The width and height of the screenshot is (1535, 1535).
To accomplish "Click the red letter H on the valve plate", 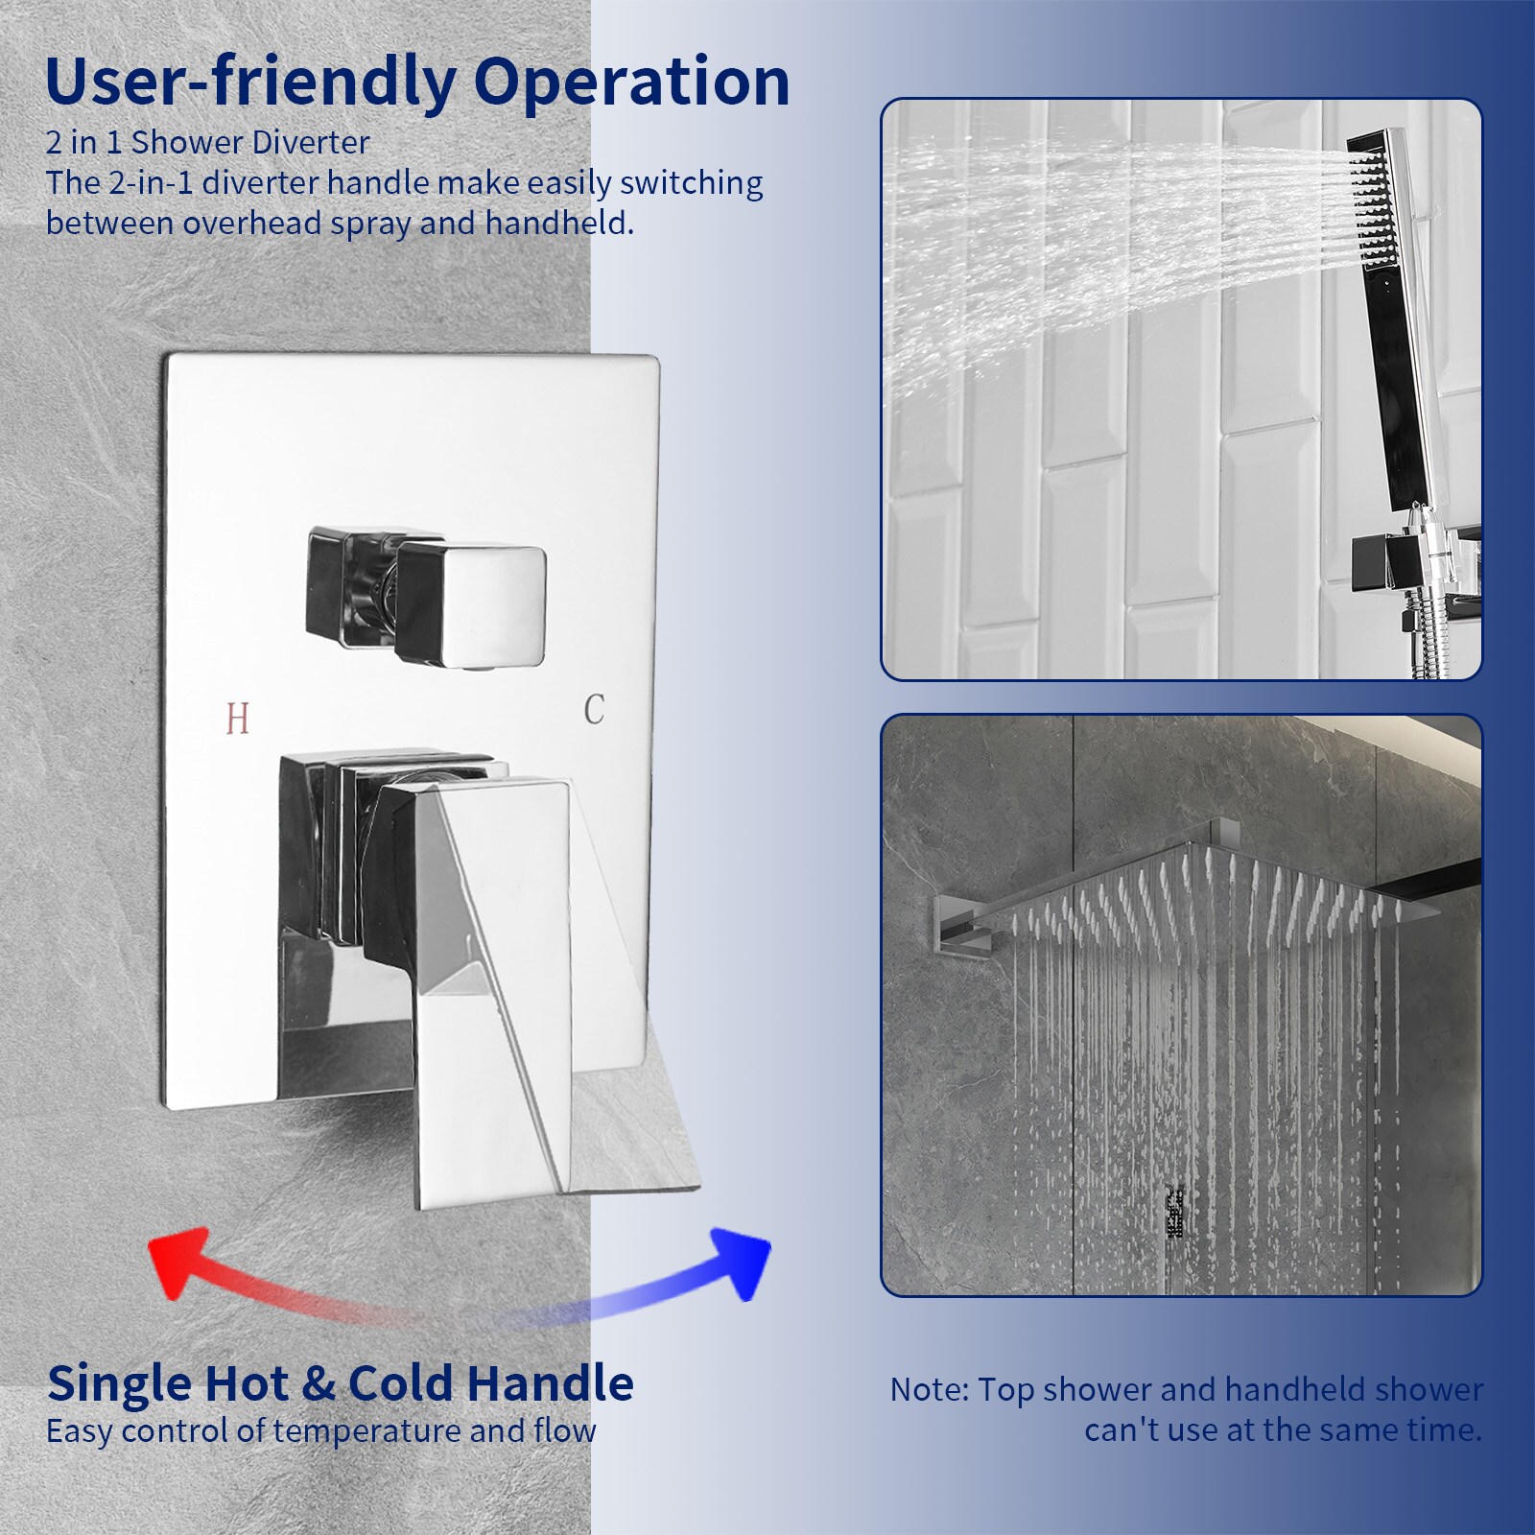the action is tap(238, 719).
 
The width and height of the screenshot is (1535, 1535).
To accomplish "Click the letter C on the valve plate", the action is tap(594, 710).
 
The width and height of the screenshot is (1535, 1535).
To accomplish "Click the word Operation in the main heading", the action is tap(631, 84).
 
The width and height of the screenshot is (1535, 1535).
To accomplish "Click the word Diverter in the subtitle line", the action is tap(310, 142).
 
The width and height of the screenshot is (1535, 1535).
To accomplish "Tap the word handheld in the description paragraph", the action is tap(558, 223).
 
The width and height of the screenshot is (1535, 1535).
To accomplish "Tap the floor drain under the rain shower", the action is tap(1174, 1213).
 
